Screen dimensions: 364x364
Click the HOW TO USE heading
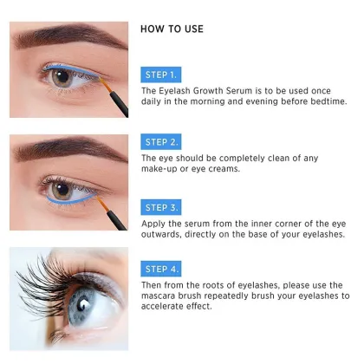point(172,29)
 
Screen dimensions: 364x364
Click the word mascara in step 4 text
point(164,296)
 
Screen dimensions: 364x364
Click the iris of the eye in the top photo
point(61,76)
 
